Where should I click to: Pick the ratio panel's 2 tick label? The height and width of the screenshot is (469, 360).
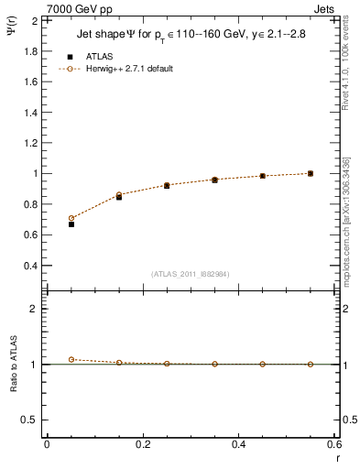(x=32, y=310)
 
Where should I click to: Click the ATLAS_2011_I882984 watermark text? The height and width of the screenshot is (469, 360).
(x=191, y=274)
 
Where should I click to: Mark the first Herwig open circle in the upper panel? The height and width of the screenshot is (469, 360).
(x=71, y=218)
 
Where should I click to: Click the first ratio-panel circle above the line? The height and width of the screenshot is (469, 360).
(x=71, y=359)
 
